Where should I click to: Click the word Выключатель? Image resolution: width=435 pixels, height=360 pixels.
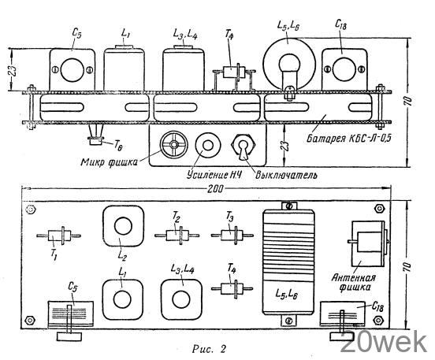286,175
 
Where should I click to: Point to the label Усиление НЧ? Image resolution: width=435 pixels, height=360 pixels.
214,175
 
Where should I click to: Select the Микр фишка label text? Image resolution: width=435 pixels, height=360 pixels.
109,162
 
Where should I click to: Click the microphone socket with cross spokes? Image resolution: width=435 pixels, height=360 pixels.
174,144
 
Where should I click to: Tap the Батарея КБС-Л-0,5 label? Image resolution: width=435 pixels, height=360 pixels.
349,138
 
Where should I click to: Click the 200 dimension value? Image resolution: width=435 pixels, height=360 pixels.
215,188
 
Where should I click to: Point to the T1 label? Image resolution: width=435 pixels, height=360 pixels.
54,254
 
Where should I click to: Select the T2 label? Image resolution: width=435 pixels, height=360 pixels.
177,217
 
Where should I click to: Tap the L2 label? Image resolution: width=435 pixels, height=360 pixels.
122,254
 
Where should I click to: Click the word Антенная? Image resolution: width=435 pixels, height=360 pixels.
354,277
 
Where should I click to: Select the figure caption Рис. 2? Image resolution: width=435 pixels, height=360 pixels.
209,349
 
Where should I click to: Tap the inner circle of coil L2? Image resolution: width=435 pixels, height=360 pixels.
123,226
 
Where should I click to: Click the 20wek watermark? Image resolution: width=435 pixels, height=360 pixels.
384,343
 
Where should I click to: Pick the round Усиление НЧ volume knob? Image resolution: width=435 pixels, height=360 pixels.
208,145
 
